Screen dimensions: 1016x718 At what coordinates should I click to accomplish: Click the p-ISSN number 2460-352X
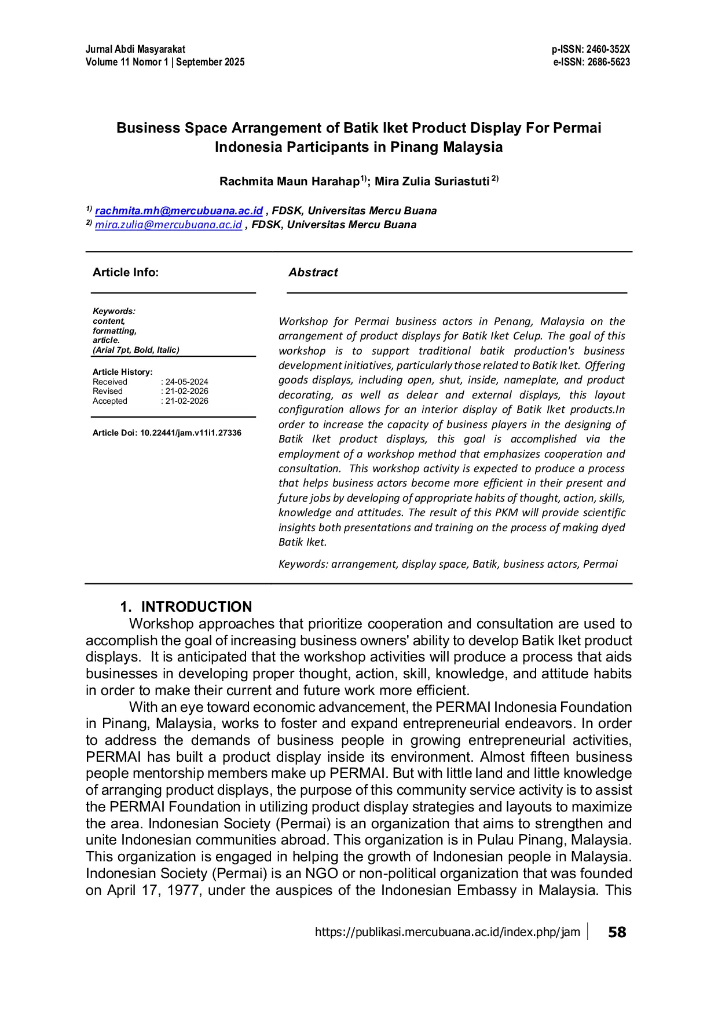[608, 49]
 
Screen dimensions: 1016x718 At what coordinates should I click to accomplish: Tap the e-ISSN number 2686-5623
[609, 62]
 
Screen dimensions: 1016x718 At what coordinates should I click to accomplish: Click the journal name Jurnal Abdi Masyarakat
[135, 49]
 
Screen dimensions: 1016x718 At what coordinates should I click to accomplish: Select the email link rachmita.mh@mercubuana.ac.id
[179, 211]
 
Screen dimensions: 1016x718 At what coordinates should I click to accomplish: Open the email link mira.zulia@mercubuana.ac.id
[168, 225]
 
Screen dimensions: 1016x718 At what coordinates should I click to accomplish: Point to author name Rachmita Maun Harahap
[290, 182]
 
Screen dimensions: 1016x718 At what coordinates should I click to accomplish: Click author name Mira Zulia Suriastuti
[432, 182]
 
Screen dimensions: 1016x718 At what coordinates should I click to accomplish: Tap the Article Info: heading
[126, 272]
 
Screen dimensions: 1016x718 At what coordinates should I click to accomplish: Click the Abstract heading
[313, 272]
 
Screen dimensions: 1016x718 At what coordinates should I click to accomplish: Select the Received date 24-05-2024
[186, 382]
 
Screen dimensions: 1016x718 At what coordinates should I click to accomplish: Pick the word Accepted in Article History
[110, 401]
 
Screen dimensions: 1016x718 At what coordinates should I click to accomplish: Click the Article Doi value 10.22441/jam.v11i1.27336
[191, 433]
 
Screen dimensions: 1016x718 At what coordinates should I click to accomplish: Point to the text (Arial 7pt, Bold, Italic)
[136, 350]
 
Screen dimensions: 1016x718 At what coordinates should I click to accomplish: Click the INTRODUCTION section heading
[196, 606]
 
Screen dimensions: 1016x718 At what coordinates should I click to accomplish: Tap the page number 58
[617, 932]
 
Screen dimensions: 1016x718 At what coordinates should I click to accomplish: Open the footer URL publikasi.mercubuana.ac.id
[447, 932]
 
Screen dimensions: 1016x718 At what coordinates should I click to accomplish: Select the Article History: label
[123, 372]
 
